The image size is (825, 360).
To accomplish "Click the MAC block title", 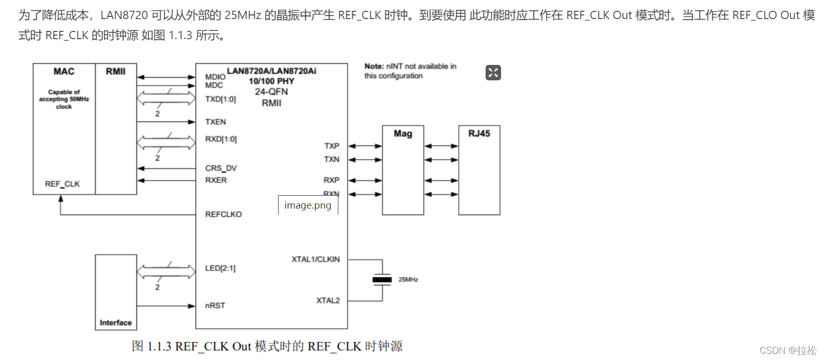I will [x=64, y=72].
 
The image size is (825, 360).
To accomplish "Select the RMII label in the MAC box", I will [x=115, y=72].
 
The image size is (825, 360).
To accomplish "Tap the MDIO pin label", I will [x=215, y=77].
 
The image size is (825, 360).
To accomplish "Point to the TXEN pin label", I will [x=215, y=122].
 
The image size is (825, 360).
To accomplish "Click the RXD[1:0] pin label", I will [x=221, y=139].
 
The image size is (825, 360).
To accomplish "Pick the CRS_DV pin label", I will [x=221, y=168].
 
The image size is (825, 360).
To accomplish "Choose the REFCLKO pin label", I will [x=223, y=214].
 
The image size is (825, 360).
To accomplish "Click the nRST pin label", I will [x=215, y=305].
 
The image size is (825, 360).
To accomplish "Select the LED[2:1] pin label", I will [x=220, y=268].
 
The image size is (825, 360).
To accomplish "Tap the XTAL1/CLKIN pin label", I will [x=315, y=259].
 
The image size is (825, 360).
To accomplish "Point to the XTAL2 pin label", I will [x=328, y=300].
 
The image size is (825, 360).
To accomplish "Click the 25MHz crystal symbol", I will [x=382, y=280].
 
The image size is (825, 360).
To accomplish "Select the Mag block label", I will [x=403, y=134].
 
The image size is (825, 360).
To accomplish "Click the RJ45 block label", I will [x=479, y=133].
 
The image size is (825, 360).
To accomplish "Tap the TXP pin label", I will [x=332, y=146].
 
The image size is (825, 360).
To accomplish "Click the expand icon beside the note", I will [x=493, y=73].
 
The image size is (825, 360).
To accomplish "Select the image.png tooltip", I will [x=308, y=205].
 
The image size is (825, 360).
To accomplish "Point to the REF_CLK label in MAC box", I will [x=62, y=184].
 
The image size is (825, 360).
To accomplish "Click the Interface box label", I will [x=115, y=323].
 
